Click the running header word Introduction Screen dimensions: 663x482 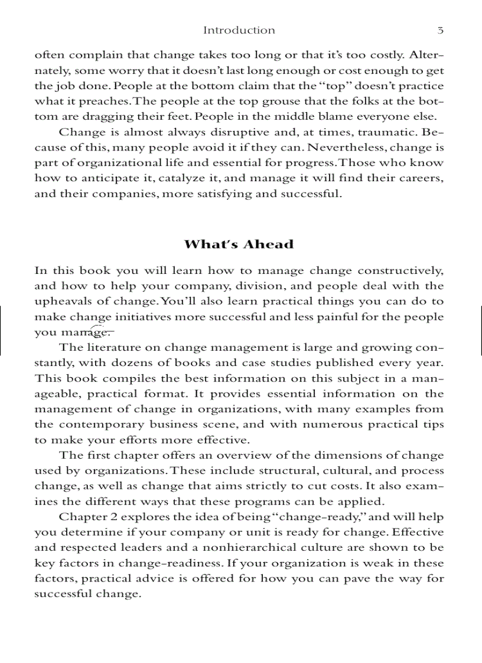pos(239,30)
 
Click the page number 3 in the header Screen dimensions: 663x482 pos(440,30)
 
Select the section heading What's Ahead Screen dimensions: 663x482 pos(239,244)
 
